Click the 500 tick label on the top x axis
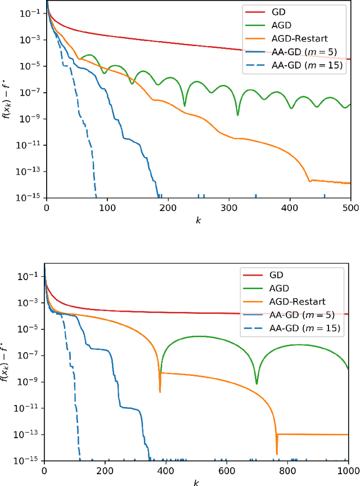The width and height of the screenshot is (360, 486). pyautogui.click(x=350, y=207)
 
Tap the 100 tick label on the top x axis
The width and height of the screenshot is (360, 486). pyautogui.click(x=107, y=207)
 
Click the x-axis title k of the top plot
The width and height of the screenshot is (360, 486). pyautogui.click(x=198, y=220)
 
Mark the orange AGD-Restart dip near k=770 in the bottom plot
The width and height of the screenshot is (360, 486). pyautogui.click(x=277, y=452)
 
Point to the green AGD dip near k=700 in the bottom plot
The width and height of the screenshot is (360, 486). pyautogui.click(x=256, y=384)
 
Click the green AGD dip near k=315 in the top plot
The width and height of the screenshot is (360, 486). pyautogui.click(x=237, y=115)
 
